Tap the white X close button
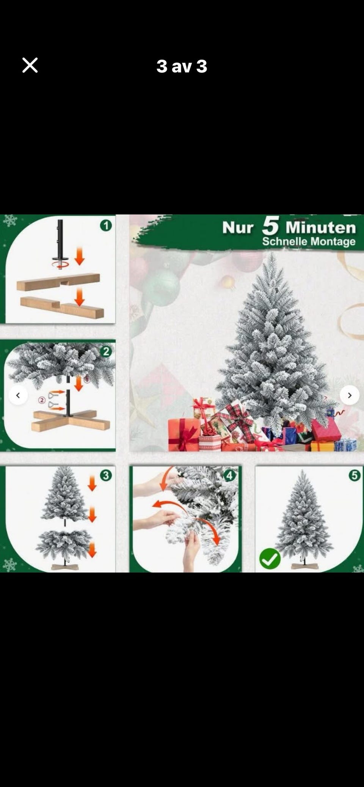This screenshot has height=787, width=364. (x=30, y=65)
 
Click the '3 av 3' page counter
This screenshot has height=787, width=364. (x=182, y=66)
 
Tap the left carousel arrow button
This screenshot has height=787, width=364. (x=18, y=395)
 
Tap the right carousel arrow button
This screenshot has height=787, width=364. (x=349, y=395)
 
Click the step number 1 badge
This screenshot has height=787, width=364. (x=106, y=226)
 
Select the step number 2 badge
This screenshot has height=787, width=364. (x=106, y=351)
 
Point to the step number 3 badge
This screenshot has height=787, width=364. (x=106, y=475)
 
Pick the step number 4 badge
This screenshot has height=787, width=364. (x=230, y=475)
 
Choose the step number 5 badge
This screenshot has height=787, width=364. (x=355, y=475)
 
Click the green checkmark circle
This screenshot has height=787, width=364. (x=270, y=559)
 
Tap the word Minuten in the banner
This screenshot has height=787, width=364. (x=321, y=227)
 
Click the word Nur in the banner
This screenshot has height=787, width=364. (x=238, y=228)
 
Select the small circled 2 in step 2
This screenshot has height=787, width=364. (x=42, y=400)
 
